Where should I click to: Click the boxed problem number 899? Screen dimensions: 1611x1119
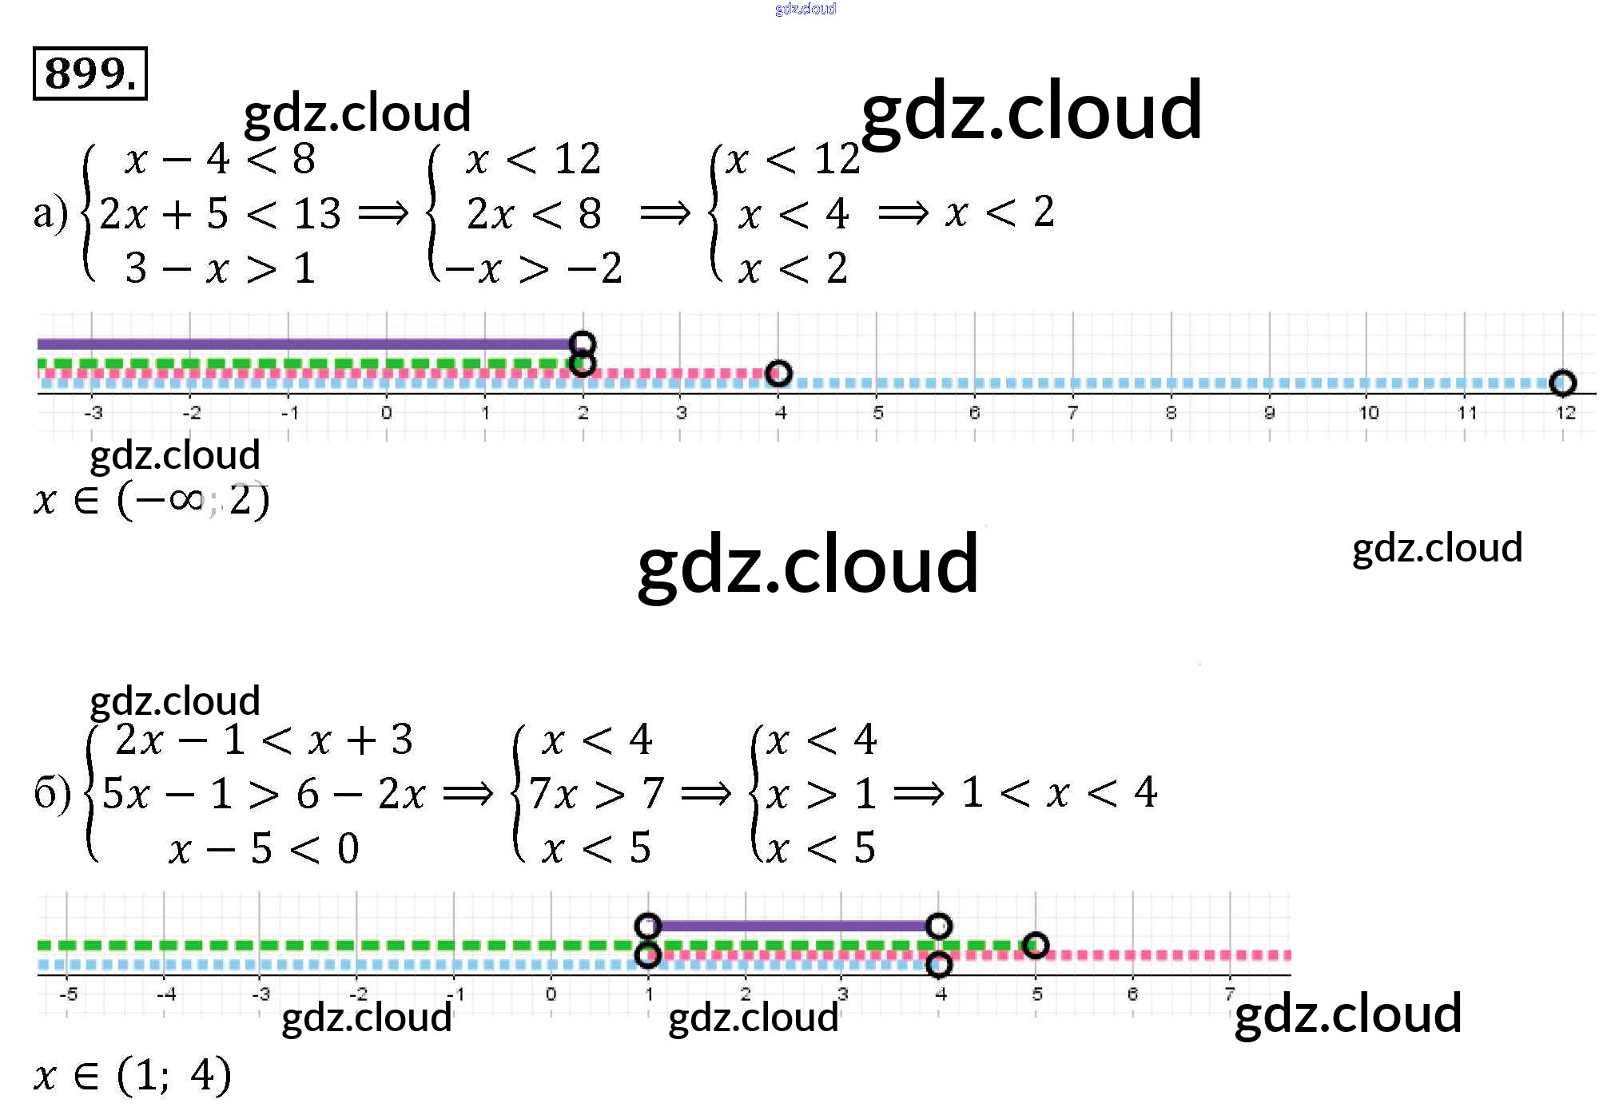[x=89, y=73]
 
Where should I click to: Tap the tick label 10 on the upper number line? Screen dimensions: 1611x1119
[x=1368, y=413]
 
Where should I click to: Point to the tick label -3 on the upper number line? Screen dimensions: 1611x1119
[x=93, y=413]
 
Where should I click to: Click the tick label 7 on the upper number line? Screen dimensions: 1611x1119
[x=1072, y=413]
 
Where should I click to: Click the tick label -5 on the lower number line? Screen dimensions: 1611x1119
[x=69, y=994]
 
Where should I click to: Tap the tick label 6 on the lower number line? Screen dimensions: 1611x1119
[x=1132, y=994]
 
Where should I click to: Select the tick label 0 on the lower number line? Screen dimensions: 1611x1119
[x=551, y=994]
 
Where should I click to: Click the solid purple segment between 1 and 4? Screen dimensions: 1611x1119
[x=793, y=926]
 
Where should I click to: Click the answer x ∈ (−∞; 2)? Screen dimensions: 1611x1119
[x=152, y=501]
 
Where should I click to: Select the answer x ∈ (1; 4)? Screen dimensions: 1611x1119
[x=133, y=1074]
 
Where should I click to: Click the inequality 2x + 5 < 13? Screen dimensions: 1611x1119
[x=221, y=213]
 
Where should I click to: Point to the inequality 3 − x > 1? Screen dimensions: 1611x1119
[x=221, y=268]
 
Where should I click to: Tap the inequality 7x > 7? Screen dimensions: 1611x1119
[x=596, y=793]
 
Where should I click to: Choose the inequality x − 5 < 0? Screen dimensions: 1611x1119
[x=264, y=847]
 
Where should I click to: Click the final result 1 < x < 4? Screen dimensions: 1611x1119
[x=1060, y=792]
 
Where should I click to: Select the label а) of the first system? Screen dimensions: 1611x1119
[x=50, y=214]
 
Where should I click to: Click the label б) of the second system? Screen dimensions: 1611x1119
[x=52, y=794]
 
